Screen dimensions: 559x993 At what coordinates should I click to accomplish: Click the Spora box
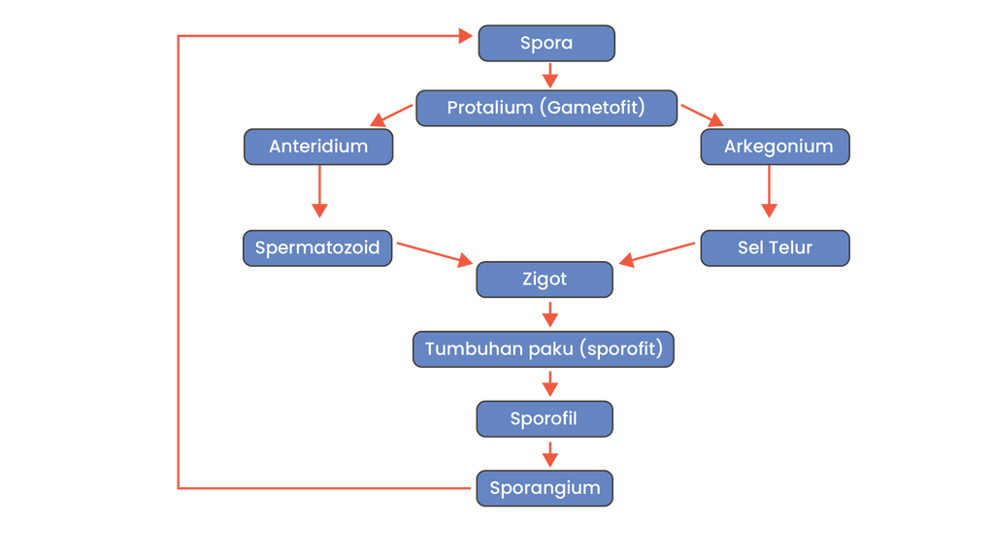pyautogui.click(x=546, y=44)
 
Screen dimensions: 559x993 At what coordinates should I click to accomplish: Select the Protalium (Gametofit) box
pyautogui.click(x=546, y=108)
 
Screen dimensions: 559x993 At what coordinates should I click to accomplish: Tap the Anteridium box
pyautogui.click(x=318, y=148)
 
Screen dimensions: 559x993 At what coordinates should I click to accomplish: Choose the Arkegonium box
pyautogui.click(x=775, y=148)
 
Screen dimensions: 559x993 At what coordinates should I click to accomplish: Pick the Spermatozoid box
pyautogui.click(x=317, y=247)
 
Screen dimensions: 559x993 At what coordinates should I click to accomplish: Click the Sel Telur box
pyautogui.click(x=775, y=247)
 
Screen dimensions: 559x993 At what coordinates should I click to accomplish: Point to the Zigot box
pyautogui.click(x=545, y=279)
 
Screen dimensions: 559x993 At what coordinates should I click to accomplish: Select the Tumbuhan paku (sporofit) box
pyautogui.click(x=544, y=348)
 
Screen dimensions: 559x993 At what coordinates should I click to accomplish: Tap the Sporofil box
pyautogui.click(x=545, y=419)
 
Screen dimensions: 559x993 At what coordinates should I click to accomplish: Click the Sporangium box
pyautogui.click(x=545, y=487)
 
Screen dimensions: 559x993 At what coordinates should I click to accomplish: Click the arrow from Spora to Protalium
pyautogui.click(x=550, y=76)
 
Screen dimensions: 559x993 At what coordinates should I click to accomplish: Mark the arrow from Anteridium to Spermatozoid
pyautogui.click(x=319, y=193)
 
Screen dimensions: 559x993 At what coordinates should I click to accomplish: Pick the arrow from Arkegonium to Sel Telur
pyautogui.click(x=770, y=193)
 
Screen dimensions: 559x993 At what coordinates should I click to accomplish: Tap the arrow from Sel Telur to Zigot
pyautogui.click(x=659, y=252)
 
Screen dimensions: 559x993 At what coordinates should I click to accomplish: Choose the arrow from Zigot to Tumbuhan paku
pyautogui.click(x=550, y=314)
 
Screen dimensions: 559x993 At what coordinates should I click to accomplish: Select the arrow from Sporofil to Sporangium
pyautogui.click(x=550, y=454)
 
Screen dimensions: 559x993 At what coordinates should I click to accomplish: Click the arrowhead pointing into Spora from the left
pyautogui.click(x=463, y=37)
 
